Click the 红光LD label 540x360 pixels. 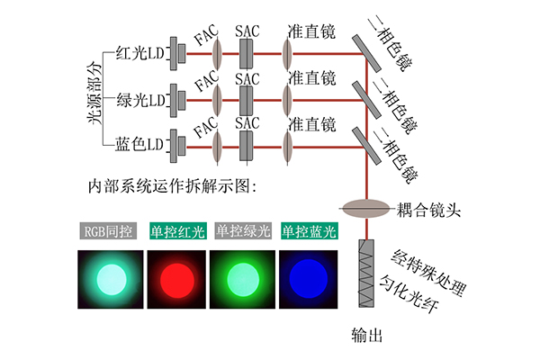point(139,53)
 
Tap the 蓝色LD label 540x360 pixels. point(139,144)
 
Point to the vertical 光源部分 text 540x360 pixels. point(94,93)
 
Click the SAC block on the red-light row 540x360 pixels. point(247,54)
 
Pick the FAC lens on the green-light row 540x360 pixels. point(217,101)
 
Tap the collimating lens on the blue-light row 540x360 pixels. point(287,148)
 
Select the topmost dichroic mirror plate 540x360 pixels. point(367,53)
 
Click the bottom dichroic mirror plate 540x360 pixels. point(367,146)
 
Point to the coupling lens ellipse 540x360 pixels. point(366,209)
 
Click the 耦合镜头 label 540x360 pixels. point(428,210)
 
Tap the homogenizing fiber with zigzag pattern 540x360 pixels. point(366,274)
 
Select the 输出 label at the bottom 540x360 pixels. point(367,335)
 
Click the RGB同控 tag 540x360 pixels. point(108,230)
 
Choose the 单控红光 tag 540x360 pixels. point(178,230)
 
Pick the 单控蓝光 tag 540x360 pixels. point(310,230)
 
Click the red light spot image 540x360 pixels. point(176,279)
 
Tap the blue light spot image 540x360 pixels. point(308,279)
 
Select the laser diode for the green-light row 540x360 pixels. point(177,101)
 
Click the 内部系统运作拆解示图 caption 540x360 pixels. point(172,186)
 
